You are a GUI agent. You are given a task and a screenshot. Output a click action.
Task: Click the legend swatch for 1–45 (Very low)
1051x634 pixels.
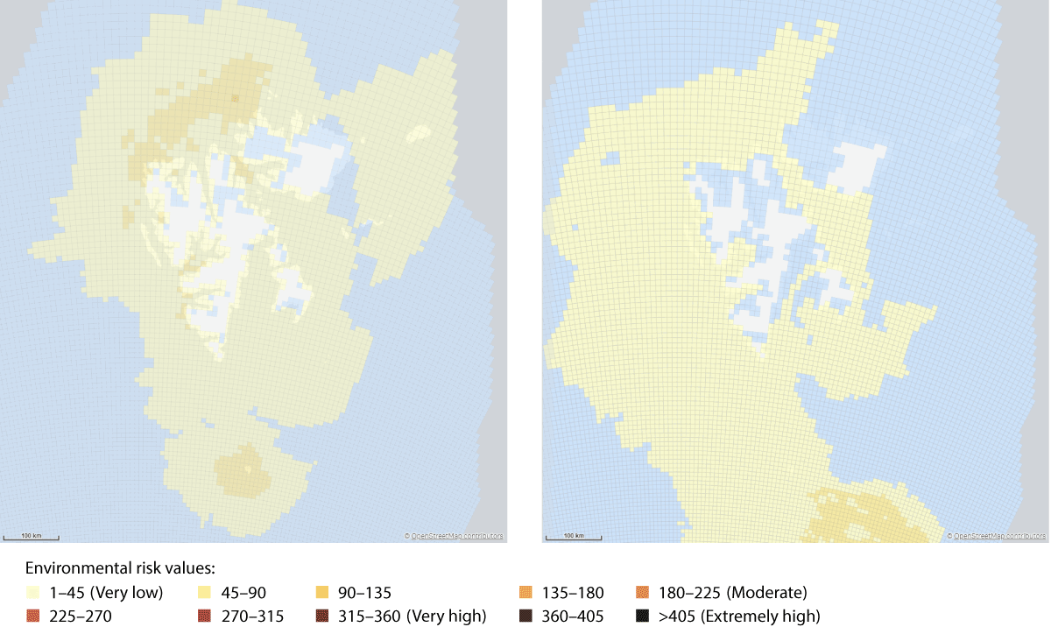tap(33, 593)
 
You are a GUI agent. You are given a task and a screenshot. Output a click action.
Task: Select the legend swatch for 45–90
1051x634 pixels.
tap(205, 593)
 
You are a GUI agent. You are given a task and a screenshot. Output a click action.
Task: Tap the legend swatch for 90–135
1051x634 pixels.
tap(321, 593)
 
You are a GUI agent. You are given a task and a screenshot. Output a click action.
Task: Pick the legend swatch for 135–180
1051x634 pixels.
tap(525, 593)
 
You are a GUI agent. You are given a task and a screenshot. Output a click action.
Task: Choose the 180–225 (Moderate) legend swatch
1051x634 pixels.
tap(643, 593)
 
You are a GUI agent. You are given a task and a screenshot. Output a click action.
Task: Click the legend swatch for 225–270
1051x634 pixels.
tap(33, 616)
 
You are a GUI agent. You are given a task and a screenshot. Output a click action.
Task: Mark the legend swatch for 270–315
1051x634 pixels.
tap(205, 616)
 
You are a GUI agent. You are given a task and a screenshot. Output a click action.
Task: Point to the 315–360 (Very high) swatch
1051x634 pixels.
tap(321, 616)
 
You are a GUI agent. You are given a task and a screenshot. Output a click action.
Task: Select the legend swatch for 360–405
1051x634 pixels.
tap(525, 616)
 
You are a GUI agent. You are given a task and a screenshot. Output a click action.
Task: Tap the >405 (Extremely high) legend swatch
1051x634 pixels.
tap(643, 616)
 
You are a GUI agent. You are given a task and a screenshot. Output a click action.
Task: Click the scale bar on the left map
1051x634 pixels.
tap(32, 536)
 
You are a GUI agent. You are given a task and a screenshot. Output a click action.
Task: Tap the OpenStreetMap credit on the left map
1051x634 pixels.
tap(453, 536)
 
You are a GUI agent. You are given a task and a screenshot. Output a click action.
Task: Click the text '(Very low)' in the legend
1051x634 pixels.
tap(129, 593)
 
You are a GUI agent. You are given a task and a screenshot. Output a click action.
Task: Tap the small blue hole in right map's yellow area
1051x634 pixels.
tap(610, 159)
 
